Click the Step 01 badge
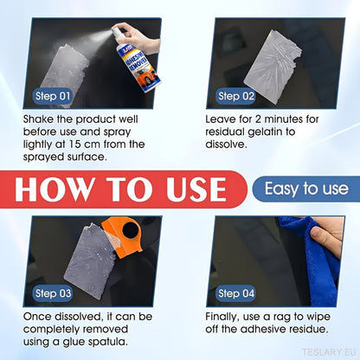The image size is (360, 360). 53,96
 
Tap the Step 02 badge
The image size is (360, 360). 236,96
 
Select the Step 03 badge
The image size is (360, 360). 53,293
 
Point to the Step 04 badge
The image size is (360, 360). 236,293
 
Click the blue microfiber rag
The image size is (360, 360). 313,260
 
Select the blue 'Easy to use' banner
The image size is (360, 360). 306,189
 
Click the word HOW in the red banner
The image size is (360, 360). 55,190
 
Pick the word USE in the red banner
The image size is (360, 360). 196,190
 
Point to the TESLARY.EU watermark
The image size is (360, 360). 329,352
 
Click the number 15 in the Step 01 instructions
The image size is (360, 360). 75,145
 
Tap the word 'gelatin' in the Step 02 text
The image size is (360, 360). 266,132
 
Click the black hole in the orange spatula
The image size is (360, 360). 131,230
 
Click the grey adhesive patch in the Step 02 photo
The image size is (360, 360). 273,67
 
